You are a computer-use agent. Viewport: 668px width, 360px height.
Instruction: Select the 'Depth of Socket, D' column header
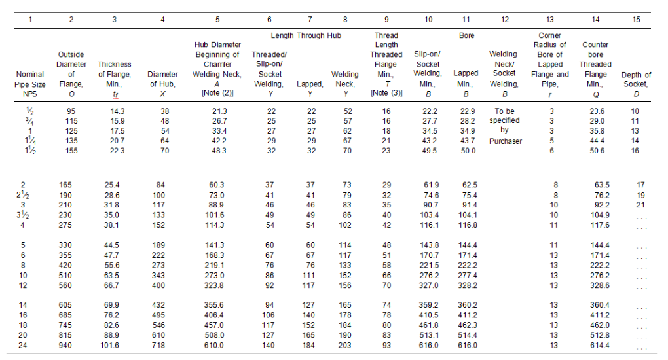(x=636, y=84)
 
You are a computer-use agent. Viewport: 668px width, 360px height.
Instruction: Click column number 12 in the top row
(x=504, y=20)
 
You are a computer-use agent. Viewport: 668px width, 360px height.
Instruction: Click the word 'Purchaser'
(x=504, y=141)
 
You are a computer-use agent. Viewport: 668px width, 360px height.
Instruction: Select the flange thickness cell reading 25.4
(x=115, y=185)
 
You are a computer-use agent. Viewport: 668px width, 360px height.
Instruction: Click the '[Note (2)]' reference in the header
(x=217, y=94)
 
